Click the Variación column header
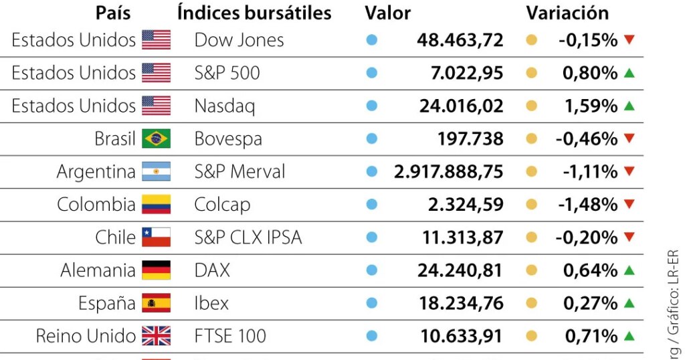tap(567, 13)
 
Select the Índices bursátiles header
tap(254, 13)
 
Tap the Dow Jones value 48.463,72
tap(460, 40)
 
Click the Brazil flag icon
tap(156, 139)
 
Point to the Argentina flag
tap(156, 172)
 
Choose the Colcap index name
tap(222, 205)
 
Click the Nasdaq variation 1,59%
tap(589, 106)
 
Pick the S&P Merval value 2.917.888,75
tap(448, 172)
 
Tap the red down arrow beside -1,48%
tap(628, 204)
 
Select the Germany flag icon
tap(156, 270)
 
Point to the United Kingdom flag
tap(156, 336)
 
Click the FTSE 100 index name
tap(230, 336)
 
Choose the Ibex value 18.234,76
tap(461, 303)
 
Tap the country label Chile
tap(115, 238)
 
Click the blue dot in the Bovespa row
tap(372, 139)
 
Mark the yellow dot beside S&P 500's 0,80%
tap(532, 73)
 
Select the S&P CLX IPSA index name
tap(248, 238)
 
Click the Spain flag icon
tap(156, 303)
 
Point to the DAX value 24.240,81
tap(460, 270)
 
